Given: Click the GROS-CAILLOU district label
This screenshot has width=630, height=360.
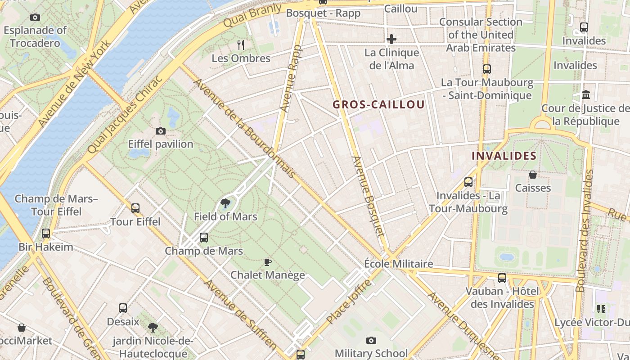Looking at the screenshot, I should [378, 105].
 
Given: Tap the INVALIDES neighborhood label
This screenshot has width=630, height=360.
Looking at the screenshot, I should [504, 156].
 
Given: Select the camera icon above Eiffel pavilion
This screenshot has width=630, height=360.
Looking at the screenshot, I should [161, 131].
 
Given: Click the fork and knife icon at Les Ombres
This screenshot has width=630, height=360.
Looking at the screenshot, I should [241, 45].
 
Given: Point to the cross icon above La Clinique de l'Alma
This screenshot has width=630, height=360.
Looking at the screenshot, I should [391, 39].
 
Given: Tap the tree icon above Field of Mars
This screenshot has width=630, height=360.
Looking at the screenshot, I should [225, 203].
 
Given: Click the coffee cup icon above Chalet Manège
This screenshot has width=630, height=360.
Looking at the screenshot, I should [268, 262].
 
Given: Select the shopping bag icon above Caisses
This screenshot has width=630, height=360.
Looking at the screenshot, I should [533, 175].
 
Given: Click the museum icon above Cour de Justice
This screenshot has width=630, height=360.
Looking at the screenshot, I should [586, 95].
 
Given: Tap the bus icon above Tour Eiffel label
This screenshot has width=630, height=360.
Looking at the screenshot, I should [135, 208].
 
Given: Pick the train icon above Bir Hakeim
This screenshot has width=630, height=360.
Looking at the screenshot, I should [46, 234].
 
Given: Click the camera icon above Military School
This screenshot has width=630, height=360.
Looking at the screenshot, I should [371, 340].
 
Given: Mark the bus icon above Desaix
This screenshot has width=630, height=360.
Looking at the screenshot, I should [123, 308].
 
